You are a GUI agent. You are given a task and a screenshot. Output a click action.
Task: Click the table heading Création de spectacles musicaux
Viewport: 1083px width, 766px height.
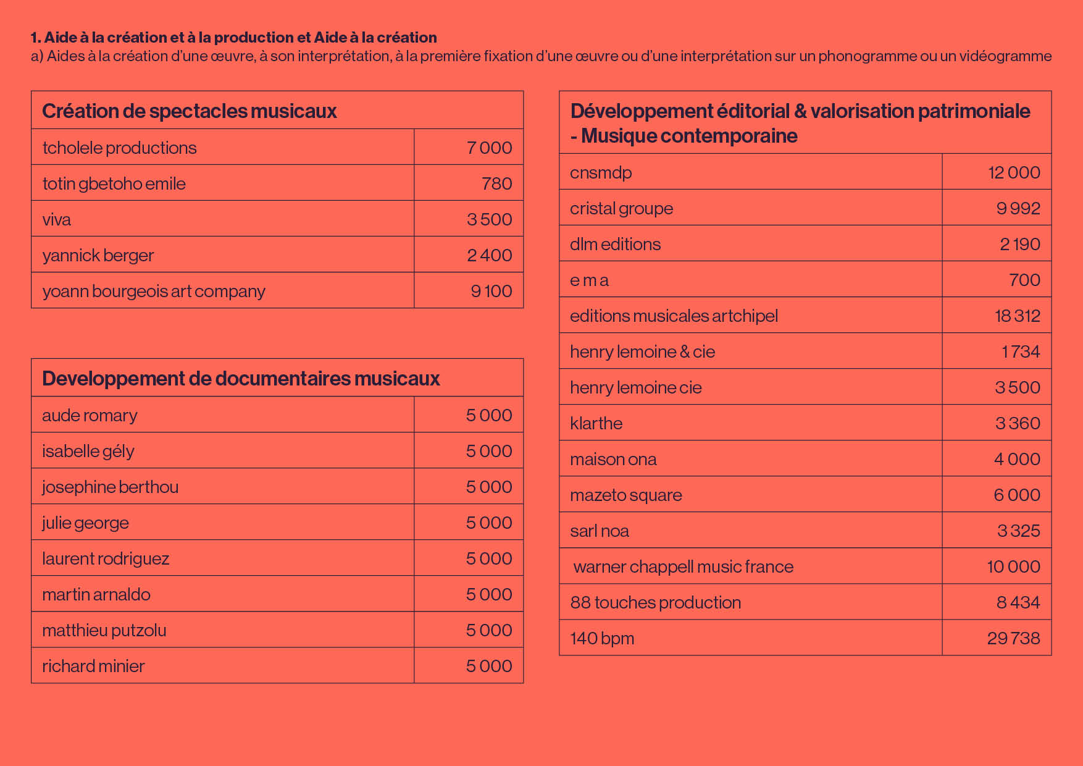pos(190,111)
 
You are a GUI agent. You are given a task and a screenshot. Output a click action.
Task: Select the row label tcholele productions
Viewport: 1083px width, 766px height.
pos(119,148)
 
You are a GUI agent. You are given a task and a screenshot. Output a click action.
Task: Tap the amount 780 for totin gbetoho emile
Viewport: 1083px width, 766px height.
pos(497,183)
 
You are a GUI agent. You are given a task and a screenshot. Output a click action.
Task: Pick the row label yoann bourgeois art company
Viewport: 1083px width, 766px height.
pos(154,292)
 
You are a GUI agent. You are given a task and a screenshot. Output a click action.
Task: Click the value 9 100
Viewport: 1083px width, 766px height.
pos(491,291)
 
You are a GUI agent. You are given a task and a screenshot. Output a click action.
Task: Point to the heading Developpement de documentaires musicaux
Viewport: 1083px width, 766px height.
pos(241,379)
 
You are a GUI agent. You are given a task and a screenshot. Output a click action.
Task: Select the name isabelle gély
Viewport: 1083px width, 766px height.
pos(88,452)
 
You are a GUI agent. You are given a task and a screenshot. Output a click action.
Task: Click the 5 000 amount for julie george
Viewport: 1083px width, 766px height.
pos(489,523)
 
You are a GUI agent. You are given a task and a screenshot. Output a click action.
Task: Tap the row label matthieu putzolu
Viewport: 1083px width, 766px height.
pos(104,630)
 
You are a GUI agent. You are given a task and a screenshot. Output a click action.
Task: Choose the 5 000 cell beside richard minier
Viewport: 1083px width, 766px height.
pos(489,666)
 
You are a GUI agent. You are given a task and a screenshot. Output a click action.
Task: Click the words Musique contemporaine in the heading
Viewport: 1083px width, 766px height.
pos(689,136)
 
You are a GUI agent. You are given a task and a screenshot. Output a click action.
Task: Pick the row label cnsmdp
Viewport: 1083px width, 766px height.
pos(601,173)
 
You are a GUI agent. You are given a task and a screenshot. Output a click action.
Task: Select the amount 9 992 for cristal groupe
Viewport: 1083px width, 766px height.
pos(1018,208)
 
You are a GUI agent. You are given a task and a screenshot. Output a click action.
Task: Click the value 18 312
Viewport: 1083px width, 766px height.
pos(1018,316)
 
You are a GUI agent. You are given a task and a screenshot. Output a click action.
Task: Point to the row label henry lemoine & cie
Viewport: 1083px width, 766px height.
pos(642,351)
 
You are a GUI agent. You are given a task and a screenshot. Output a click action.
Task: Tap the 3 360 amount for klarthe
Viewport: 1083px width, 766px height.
pos(1018,423)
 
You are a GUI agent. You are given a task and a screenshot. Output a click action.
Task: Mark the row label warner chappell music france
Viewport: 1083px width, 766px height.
pos(684,566)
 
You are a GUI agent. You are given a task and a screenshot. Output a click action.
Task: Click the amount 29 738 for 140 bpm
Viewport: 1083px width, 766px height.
pos(1014,638)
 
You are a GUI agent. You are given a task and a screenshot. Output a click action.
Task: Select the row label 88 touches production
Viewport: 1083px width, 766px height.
pos(656,602)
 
